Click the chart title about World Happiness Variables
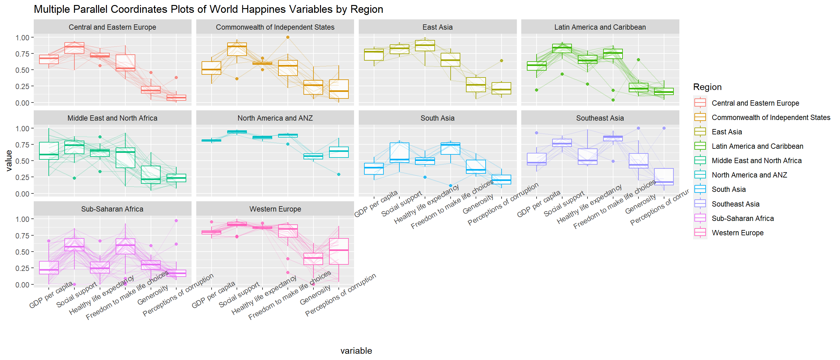pyautogui.click(x=208, y=9)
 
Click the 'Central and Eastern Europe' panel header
pyautogui.click(x=112, y=27)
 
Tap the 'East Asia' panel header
pyautogui.click(x=437, y=27)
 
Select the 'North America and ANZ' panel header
pyautogui.click(x=275, y=118)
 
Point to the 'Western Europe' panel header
pyautogui.click(x=275, y=209)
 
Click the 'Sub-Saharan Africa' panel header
pyautogui.click(x=112, y=209)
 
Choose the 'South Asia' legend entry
pyautogui.click(x=728, y=189)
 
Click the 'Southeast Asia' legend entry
pyautogui.click(x=735, y=204)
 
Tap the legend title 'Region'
pyautogui.click(x=707, y=87)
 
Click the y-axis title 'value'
pyautogui.click(x=9, y=160)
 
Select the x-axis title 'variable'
pyautogui.click(x=356, y=351)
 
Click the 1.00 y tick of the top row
pyautogui.click(x=22, y=37)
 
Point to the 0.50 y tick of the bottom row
pyautogui.click(x=22, y=252)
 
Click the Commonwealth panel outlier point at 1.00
pyautogui.click(x=287, y=37)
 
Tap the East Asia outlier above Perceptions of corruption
pyautogui.click(x=501, y=61)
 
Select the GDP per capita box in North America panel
pyautogui.click(x=211, y=141)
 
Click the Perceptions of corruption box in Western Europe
pyautogui.click(x=339, y=251)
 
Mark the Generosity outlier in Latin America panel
pyautogui.click(x=638, y=60)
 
